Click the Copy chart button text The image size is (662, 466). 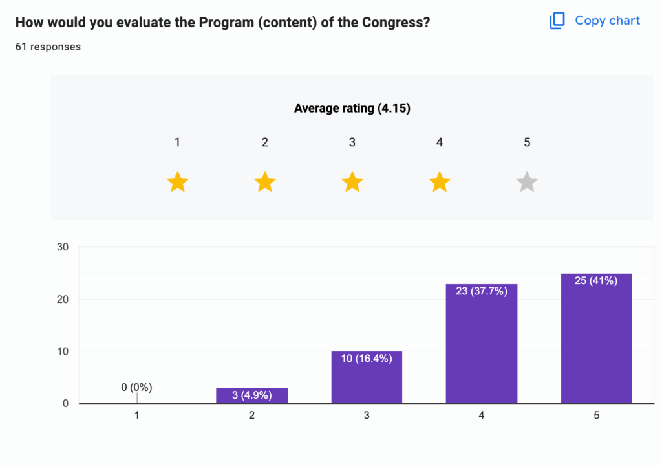[x=607, y=21]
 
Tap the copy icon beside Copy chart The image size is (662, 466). [x=557, y=21]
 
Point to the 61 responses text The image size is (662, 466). [x=48, y=47]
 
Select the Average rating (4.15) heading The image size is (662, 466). [x=352, y=108]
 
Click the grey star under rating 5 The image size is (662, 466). [x=527, y=183]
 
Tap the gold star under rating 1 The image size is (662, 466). [x=177, y=183]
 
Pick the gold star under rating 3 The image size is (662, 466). [x=352, y=183]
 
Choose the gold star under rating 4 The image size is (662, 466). [x=440, y=183]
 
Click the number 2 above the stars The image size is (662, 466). [x=265, y=142]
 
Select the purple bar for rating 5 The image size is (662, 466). [x=596, y=343]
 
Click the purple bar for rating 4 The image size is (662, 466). [x=482, y=349]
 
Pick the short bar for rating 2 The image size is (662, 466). [x=251, y=396]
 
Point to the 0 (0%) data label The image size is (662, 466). [x=136, y=388]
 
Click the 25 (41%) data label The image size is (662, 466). [x=596, y=281]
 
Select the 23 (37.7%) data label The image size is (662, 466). [x=482, y=291]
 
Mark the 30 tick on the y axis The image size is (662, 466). [x=63, y=247]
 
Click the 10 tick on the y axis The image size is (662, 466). [x=63, y=351]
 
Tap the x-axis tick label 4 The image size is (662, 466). [x=482, y=416]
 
